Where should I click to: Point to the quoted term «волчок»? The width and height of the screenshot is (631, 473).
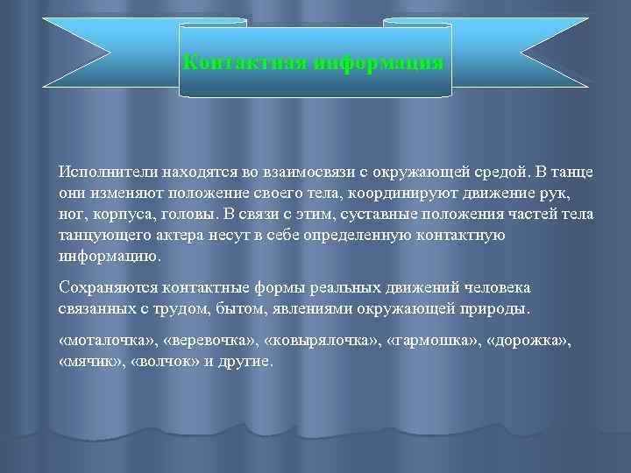pos(164,361)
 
